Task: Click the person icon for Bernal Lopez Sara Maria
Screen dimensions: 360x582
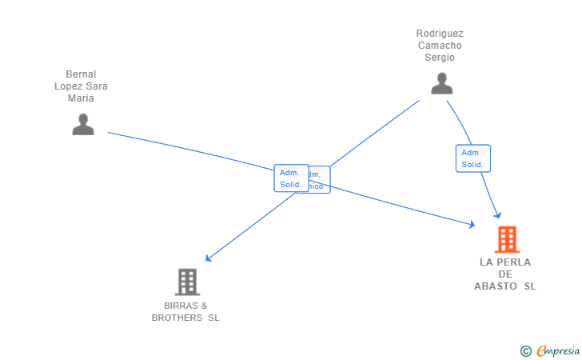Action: click(83, 124)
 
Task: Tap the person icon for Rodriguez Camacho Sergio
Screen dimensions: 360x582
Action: click(441, 83)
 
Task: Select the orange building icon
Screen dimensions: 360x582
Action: click(506, 239)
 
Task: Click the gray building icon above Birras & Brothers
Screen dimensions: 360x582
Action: click(186, 282)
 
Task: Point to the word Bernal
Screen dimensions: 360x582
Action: click(81, 74)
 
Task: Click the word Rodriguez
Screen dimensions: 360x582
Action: click(440, 34)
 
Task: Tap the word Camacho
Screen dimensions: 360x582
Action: click(440, 46)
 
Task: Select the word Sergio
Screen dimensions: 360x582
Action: click(440, 58)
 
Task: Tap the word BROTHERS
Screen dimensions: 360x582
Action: click(178, 318)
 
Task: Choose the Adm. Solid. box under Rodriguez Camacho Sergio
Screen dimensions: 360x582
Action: click(472, 158)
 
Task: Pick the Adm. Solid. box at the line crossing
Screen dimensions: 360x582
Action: click(290, 178)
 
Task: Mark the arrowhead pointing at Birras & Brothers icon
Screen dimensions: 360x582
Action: click(208, 258)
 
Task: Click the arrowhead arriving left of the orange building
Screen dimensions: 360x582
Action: click(471, 226)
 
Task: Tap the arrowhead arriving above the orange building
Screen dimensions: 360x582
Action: click(497, 214)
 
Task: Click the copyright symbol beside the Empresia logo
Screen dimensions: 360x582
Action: click(525, 350)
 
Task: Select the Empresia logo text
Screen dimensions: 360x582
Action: click(558, 350)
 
